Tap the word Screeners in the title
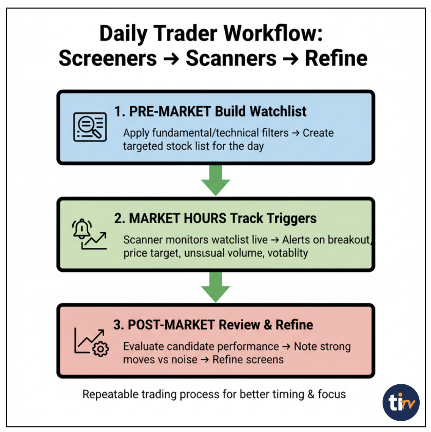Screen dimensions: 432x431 tap(108, 58)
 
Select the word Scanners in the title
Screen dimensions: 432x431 tap(231, 58)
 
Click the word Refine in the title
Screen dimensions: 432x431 tap(336, 58)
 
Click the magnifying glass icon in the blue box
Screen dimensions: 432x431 tap(89, 126)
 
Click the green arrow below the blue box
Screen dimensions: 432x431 tap(215, 180)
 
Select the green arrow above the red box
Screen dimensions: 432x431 tap(215, 286)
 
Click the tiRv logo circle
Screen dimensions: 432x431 tap(401, 402)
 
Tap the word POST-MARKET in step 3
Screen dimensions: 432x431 tap(172, 325)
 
